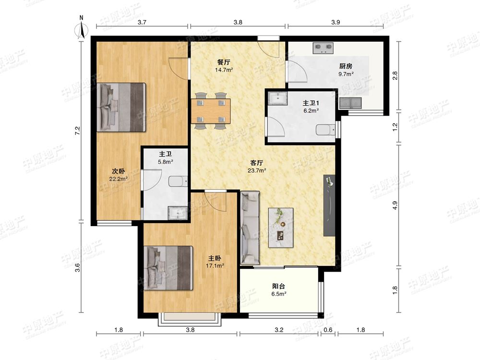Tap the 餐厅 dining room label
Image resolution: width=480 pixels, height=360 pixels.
[x=224, y=62]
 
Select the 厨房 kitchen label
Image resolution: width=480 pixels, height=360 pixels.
[x=346, y=66]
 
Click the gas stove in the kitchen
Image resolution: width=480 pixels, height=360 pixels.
[x=323, y=48]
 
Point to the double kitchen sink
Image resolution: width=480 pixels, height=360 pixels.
[x=350, y=103]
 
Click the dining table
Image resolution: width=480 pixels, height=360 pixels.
[x=211, y=111]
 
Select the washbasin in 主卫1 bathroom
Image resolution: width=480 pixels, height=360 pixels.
[x=278, y=98]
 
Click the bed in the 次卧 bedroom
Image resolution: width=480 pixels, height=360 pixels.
[x=121, y=107]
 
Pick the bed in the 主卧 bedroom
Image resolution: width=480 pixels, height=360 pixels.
[x=168, y=268]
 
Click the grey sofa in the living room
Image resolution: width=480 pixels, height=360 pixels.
[x=250, y=228]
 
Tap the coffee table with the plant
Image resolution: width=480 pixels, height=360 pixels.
[x=281, y=228]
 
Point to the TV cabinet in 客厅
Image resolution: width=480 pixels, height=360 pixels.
[x=329, y=205]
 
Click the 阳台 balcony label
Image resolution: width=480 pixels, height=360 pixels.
[x=278, y=287]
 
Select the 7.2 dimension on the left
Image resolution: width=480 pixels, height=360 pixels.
[x=78, y=131]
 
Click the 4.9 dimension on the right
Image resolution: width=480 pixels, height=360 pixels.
[x=395, y=205]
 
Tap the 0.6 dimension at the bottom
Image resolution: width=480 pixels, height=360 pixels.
[x=328, y=330]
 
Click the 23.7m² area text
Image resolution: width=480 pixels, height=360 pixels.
[x=256, y=170]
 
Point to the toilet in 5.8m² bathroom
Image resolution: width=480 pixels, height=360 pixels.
[x=178, y=181]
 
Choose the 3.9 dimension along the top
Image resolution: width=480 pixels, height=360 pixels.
[x=336, y=22]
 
